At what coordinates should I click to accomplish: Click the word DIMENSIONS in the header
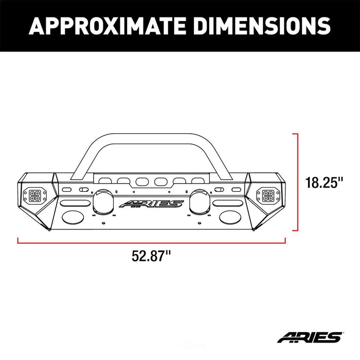[x=257, y=26]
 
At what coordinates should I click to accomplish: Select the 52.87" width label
[x=150, y=256]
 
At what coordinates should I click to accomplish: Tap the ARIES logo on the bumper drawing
[x=151, y=204]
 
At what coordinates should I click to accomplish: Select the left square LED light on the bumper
[x=36, y=195]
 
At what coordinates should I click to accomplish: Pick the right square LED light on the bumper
[x=267, y=195]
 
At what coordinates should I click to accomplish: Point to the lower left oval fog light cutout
[x=73, y=217]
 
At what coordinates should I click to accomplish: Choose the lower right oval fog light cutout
[x=228, y=217]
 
